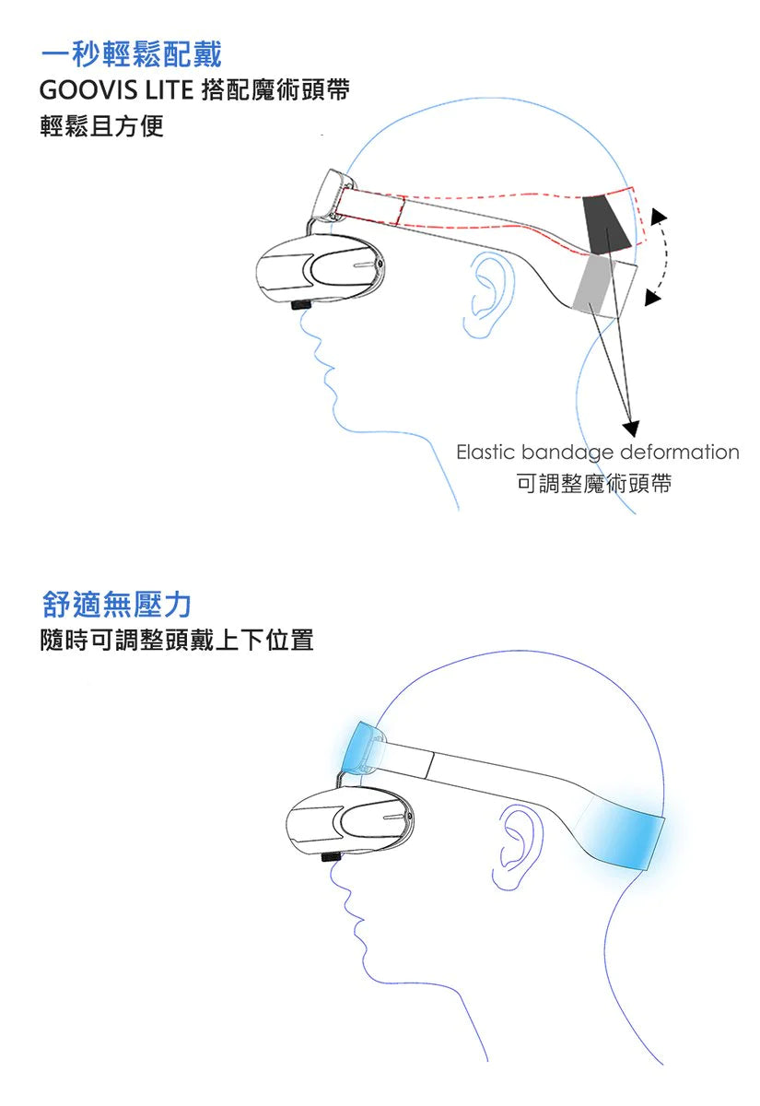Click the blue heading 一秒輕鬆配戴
click(131, 53)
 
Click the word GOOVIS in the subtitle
click(88, 90)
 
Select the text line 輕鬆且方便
click(101, 126)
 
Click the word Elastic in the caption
click(485, 452)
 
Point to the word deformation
click(680, 452)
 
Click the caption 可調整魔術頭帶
click(594, 483)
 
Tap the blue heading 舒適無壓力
click(116, 604)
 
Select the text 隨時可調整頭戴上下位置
click(177, 640)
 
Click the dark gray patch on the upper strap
click(605, 224)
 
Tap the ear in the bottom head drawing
click(516, 846)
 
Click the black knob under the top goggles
click(301, 305)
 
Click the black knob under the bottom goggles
click(331, 856)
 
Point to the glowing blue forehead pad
click(361, 748)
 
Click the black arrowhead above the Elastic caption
click(631, 429)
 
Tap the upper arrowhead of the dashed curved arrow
click(658, 217)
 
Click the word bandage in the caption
click(567, 453)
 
